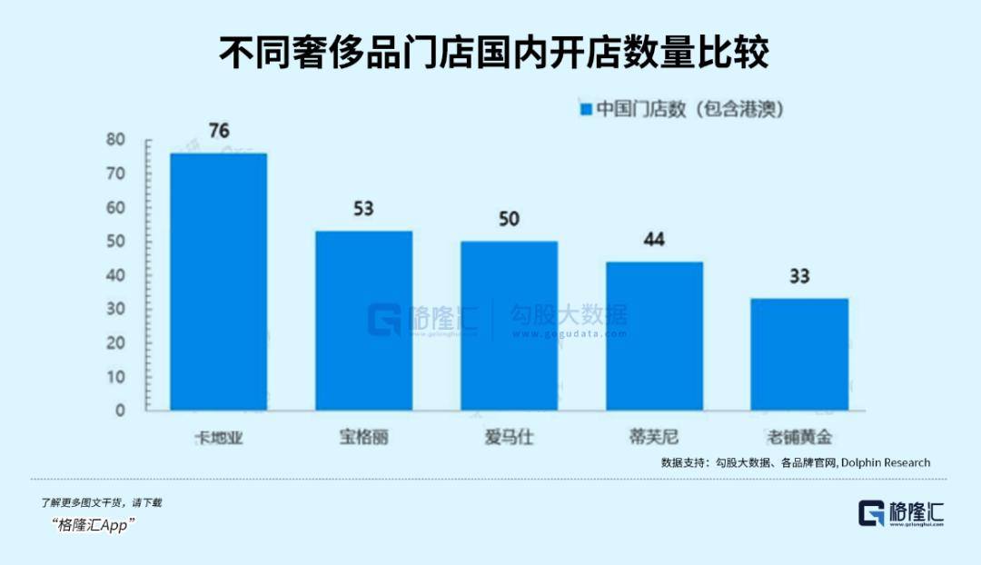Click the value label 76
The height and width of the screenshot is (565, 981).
point(219,131)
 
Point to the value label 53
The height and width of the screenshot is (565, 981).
point(363,209)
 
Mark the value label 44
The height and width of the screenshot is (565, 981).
point(654,240)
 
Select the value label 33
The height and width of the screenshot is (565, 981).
point(799,276)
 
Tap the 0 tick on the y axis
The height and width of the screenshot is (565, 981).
point(119,411)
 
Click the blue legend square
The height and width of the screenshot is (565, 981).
point(586,110)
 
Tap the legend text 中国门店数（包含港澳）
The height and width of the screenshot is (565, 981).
point(689,110)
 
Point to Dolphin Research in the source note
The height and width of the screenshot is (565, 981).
point(885,462)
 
